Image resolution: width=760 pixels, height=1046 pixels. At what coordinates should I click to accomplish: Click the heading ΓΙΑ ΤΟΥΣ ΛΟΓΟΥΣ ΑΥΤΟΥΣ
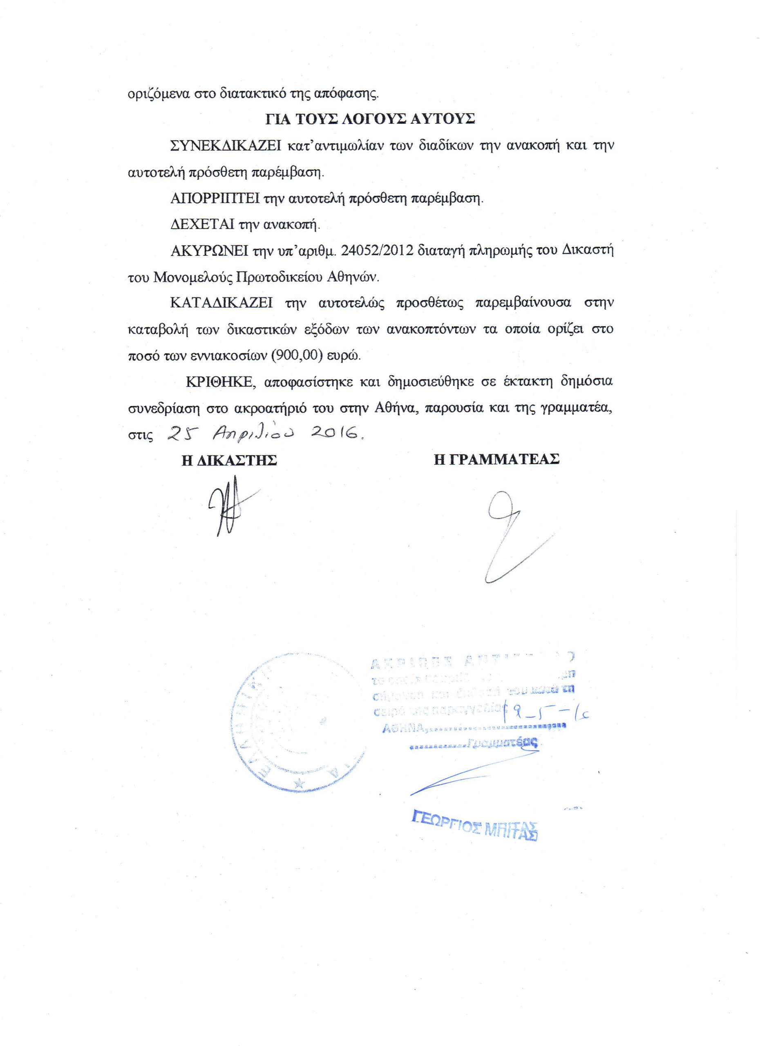[370, 119]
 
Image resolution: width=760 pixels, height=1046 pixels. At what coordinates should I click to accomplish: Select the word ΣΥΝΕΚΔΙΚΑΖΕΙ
[226, 146]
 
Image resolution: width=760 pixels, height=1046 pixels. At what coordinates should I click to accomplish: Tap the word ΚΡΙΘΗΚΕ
[219, 382]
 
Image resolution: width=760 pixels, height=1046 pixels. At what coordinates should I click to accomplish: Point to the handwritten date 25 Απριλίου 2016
[264, 434]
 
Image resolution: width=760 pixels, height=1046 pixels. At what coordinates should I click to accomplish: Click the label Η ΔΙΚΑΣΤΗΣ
[229, 460]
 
